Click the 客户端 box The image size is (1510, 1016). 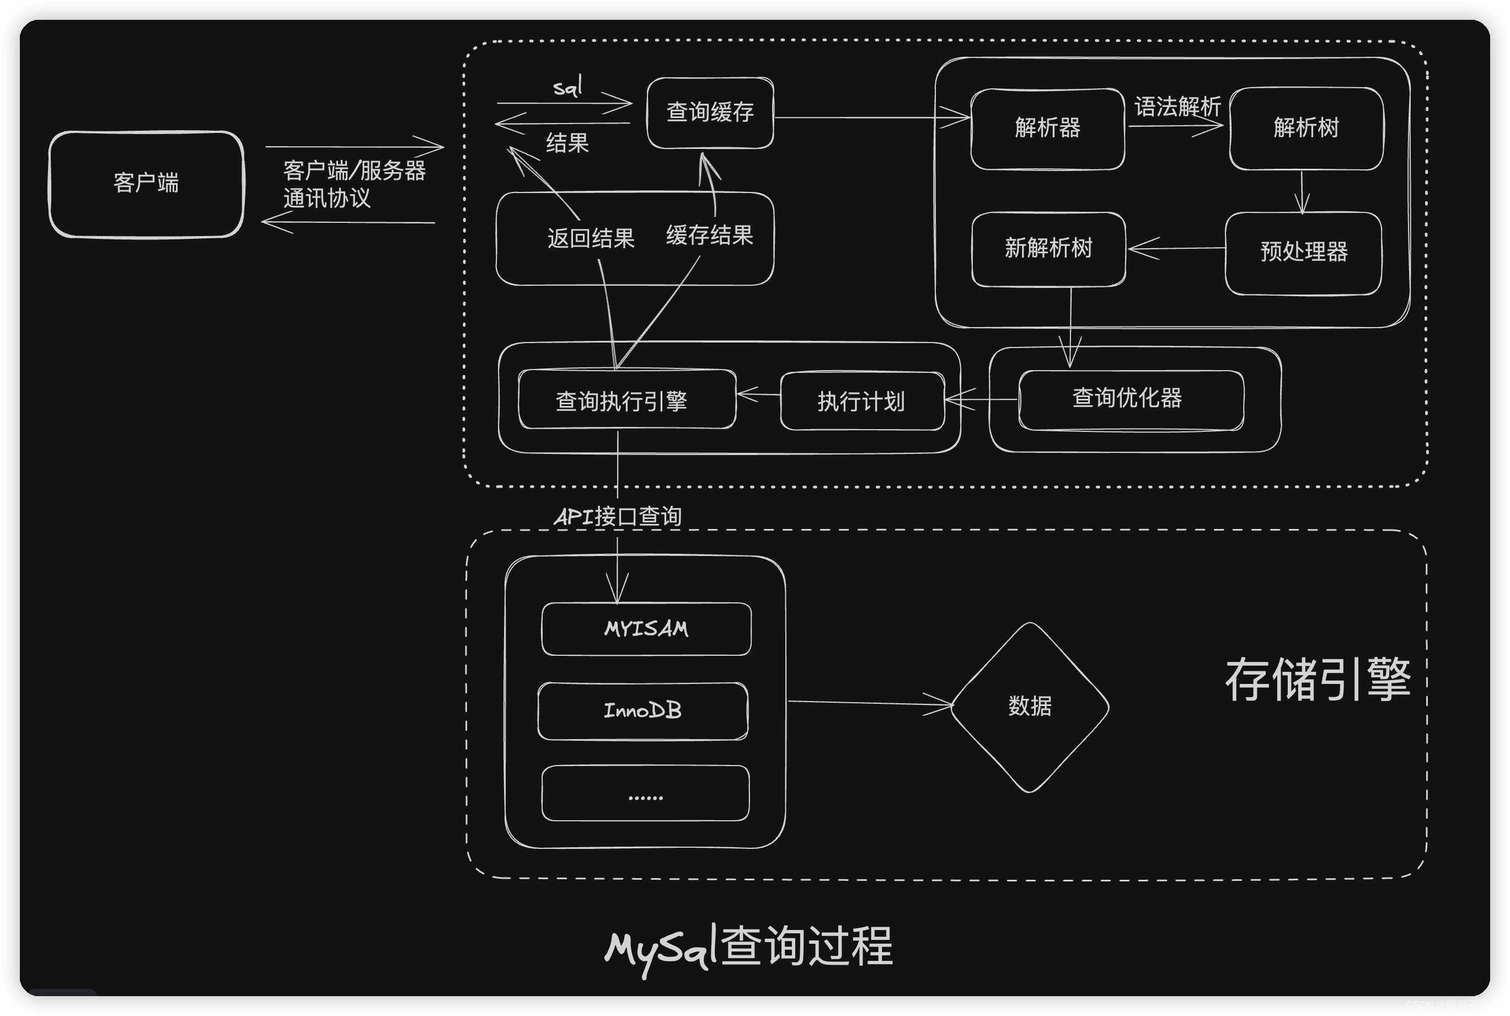(x=146, y=184)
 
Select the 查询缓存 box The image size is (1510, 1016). (x=710, y=113)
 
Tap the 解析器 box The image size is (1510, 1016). (x=1047, y=129)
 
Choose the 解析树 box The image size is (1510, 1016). (x=1306, y=129)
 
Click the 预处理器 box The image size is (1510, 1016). (x=1303, y=253)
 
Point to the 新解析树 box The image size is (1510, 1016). (x=1048, y=249)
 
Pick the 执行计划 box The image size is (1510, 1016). (x=861, y=402)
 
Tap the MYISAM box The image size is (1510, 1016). (x=646, y=629)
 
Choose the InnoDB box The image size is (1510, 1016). (x=642, y=711)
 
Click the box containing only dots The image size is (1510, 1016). (x=645, y=793)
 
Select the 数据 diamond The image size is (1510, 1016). (x=1029, y=706)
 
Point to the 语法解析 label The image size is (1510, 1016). (x=1177, y=106)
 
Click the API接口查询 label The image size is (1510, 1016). (x=617, y=517)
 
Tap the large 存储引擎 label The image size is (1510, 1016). (x=1318, y=679)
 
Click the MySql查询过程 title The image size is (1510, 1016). (x=749, y=946)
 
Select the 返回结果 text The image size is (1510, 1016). (x=591, y=238)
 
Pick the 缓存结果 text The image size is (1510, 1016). (x=709, y=234)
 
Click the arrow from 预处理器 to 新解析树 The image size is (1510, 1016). (x=1176, y=248)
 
